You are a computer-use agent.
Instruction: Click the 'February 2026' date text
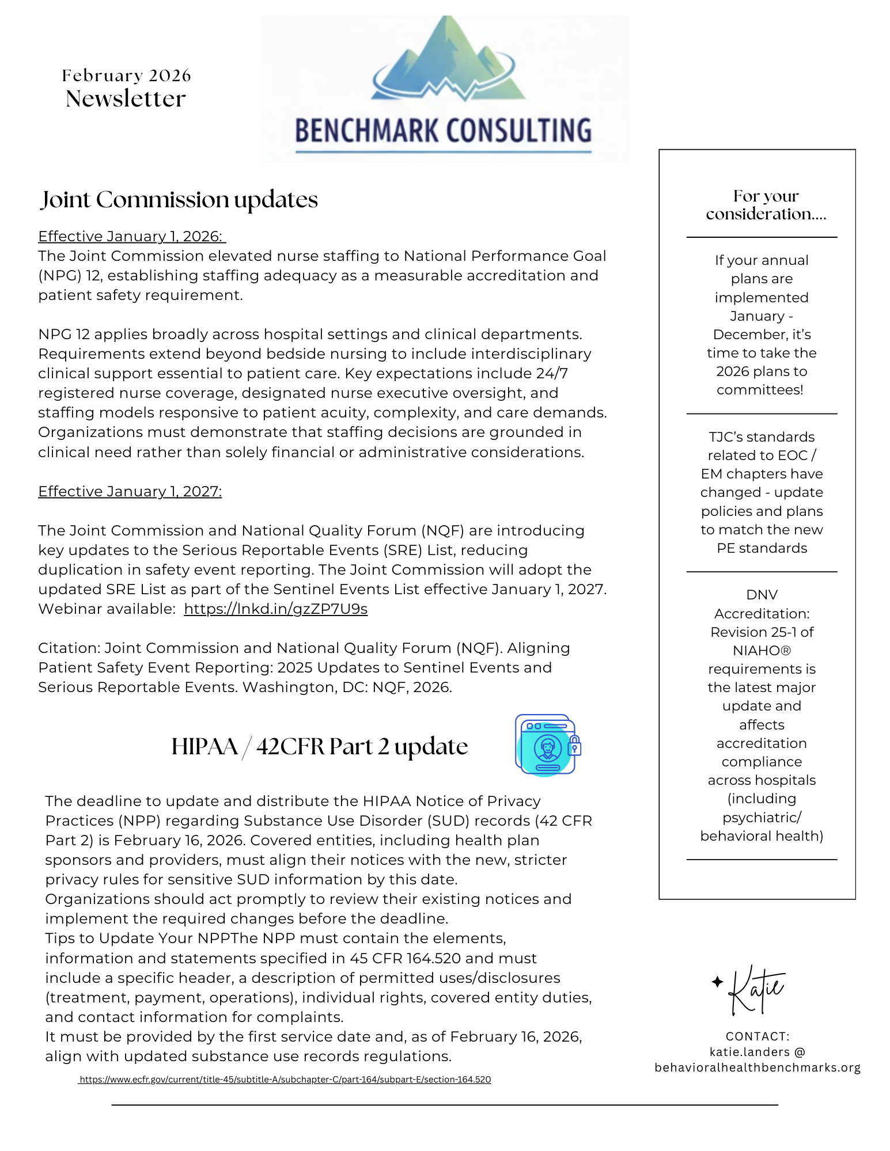[x=126, y=75]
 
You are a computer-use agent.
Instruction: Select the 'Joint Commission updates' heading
[x=179, y=200]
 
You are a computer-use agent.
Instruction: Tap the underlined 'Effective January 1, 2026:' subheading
[x=131, y=236]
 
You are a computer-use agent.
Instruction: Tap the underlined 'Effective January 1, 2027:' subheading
[x=130, y=491]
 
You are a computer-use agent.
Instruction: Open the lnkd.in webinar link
[x=275, y=609]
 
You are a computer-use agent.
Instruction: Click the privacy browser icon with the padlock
[x=547, y=745]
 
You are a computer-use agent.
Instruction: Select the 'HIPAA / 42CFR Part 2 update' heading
[x=319, y=746]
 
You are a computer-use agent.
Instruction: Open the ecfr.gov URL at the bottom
[x=285, y=1080]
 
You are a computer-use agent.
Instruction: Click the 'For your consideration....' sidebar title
[x=766, y=205]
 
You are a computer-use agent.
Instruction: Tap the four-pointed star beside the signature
[x=717, y=982]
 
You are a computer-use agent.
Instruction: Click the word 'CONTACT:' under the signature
[x=757, y=1036]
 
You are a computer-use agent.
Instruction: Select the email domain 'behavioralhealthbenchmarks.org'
[x=757, y=1068]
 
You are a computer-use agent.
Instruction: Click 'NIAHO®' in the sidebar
[x=762, y=651]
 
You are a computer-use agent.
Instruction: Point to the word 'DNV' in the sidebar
[x=762, y=595]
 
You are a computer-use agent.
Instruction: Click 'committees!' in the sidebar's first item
[x=760, y=390]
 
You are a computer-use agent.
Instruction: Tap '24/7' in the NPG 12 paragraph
[x=552, y=373]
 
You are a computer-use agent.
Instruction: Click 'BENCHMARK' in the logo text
[x=367, y=131]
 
